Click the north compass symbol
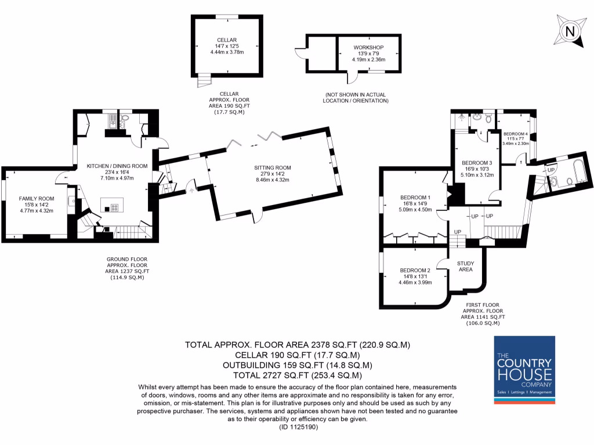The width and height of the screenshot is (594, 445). tap(570, 31)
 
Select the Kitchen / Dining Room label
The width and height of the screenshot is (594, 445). tap(117, 166)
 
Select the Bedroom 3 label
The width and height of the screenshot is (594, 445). tap(477, 162)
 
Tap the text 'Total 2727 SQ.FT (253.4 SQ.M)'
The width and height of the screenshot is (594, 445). tap(297, 376)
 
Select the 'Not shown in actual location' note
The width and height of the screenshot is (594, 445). tap(356, 97)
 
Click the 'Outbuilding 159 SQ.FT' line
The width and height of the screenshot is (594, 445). tap(297, 365)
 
